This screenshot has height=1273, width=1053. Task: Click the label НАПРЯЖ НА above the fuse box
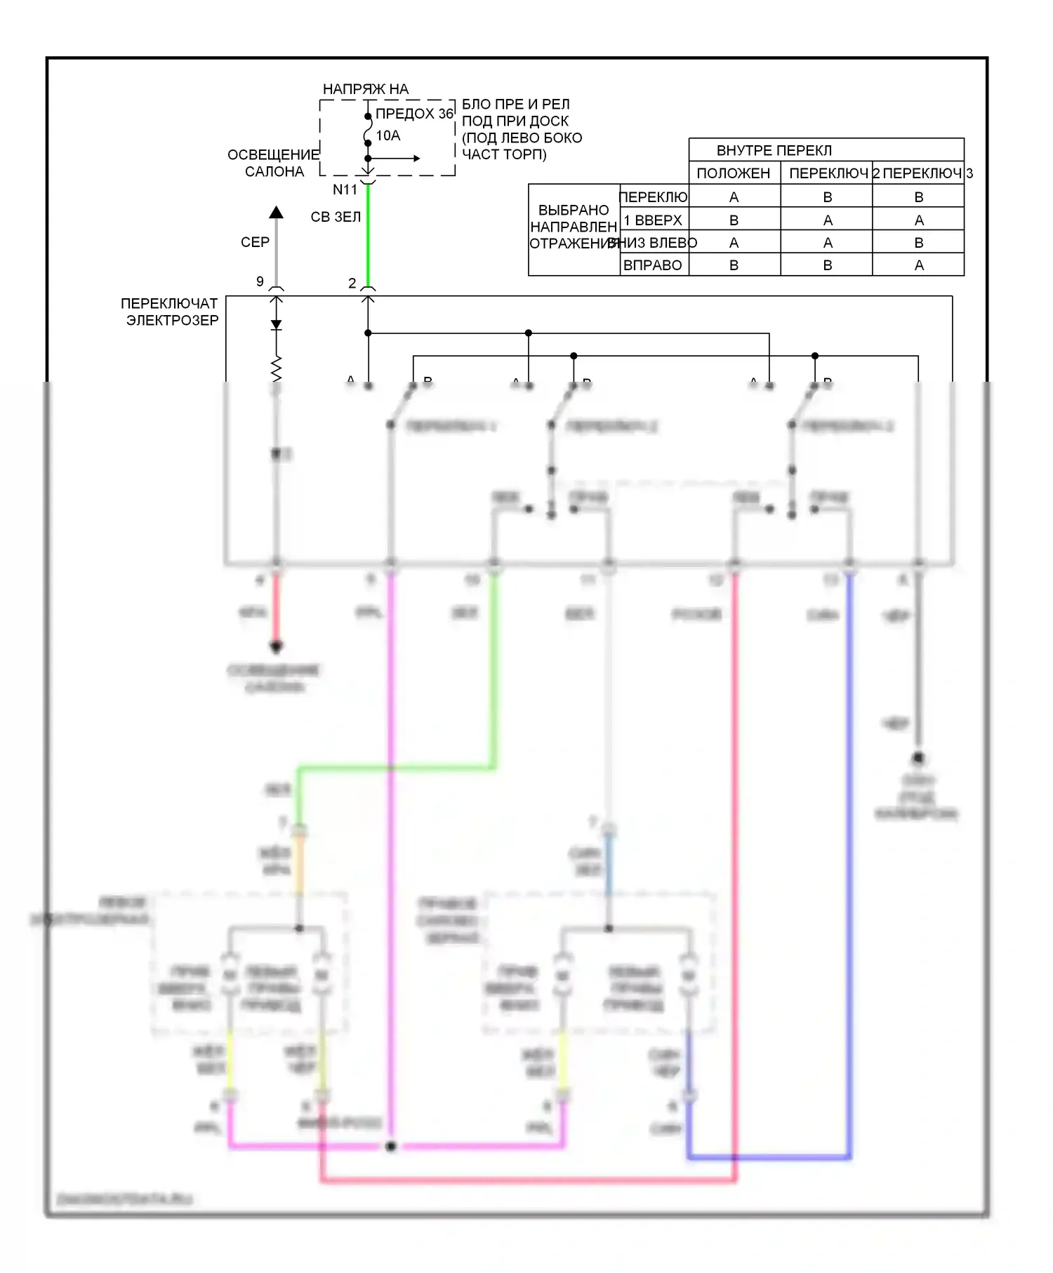pos(365,89)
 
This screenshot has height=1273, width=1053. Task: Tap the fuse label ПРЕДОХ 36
pos(414,114)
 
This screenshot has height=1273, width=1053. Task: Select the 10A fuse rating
pos(388,135)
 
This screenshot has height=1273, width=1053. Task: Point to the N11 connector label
pos(345,189)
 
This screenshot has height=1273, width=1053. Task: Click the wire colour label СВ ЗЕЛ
pos(336,218)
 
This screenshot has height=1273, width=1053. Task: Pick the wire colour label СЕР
pos(255,242)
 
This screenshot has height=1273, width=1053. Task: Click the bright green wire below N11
pos(368,239)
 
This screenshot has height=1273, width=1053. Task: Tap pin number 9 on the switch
pos(260,281)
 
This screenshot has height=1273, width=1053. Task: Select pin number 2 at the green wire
pos(352,283)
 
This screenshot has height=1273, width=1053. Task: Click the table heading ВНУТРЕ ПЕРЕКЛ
pos(774,150)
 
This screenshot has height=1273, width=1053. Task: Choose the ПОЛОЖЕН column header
pos(734,173)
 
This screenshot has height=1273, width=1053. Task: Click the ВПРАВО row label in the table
pos(653,265)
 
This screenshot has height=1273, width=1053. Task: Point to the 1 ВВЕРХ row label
pos(653,220)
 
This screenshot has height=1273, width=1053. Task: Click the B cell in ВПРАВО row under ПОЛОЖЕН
pos(734,265)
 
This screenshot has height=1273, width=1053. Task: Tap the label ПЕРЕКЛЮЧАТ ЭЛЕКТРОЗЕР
pos(170,312)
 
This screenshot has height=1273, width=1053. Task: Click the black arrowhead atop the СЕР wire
pos(277,212)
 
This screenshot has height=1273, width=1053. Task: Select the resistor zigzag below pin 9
pos(277,367)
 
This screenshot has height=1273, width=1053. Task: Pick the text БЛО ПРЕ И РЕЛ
pos(515,105)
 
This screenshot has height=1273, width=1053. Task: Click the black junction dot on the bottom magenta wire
pos(391,1146)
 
